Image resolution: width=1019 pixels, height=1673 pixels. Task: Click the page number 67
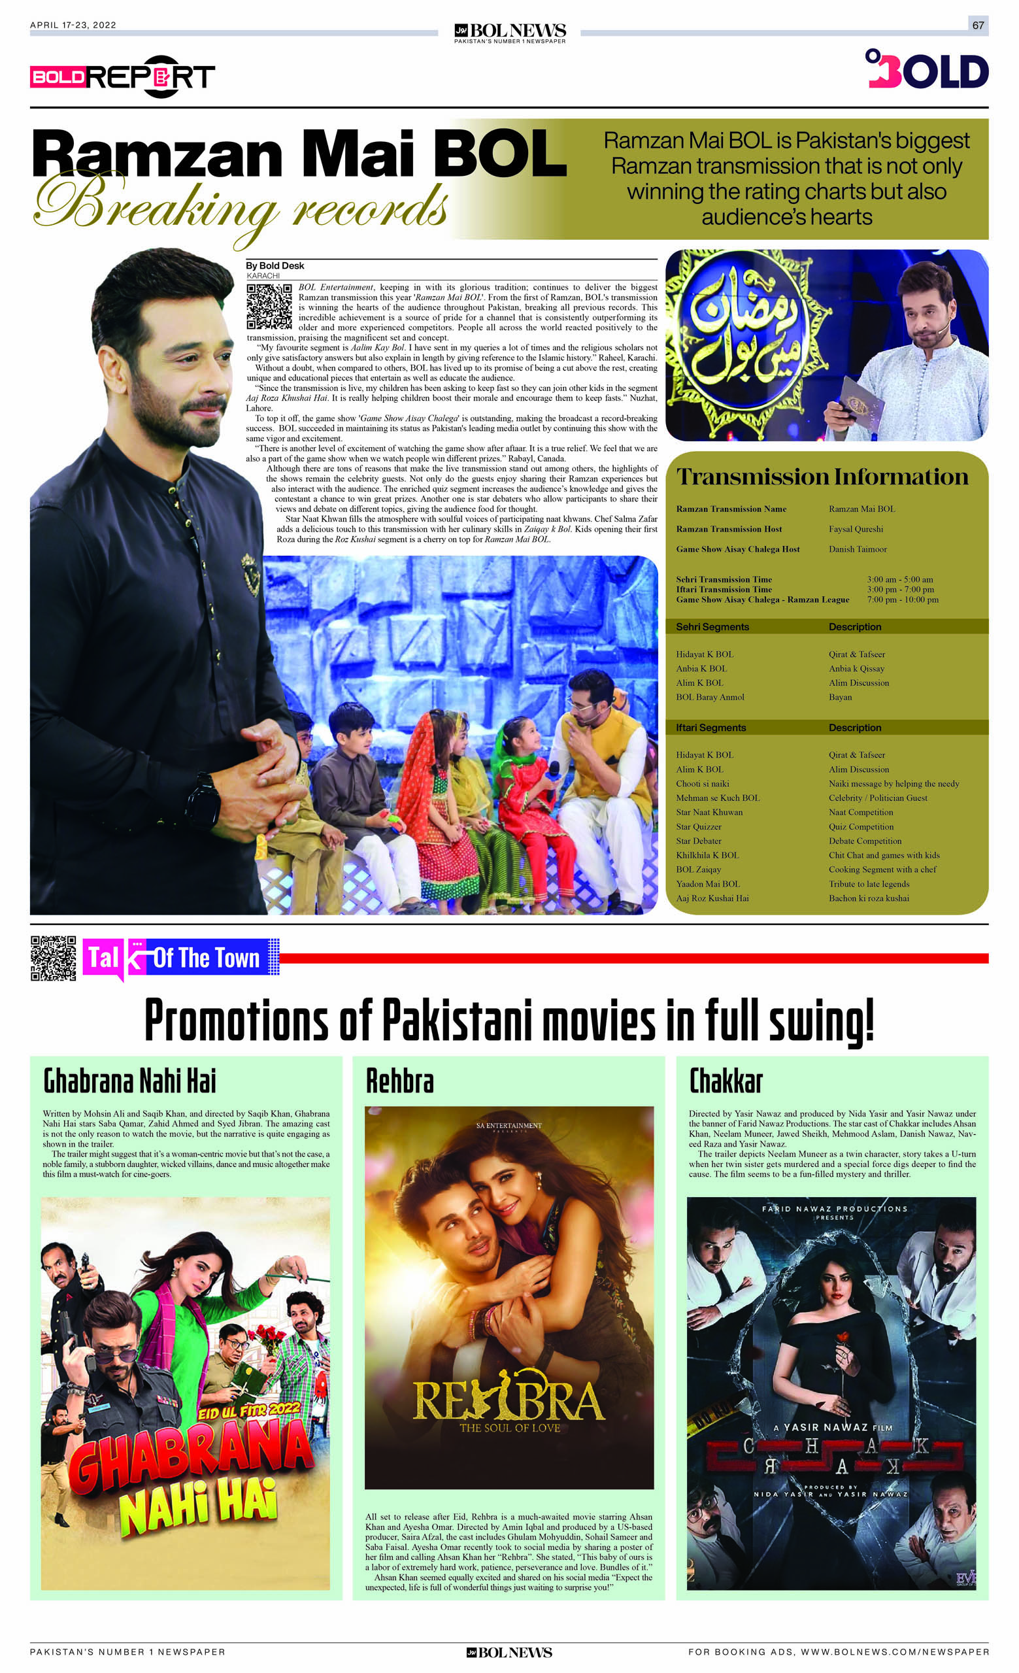tap(978, 25)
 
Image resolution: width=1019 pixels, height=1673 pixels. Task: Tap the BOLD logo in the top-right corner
tap(927, 69)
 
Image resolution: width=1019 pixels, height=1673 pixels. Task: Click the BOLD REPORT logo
tap(122, 76)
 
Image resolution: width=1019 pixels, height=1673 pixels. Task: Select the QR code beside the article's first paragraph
tap(269, 307)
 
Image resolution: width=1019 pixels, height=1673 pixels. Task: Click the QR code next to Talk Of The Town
tap(53, 958)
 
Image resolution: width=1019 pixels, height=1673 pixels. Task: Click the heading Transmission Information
tap(822, 477)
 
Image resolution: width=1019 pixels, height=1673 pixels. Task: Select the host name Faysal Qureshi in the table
tap(856, 529)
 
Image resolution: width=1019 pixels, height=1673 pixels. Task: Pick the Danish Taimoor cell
tap(858, 549)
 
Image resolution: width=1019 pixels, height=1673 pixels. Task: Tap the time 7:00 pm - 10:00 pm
tap(902, 600)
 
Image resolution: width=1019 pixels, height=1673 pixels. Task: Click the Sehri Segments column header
tap(712, 627)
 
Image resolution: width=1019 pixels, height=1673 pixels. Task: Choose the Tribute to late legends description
tap(868, 884)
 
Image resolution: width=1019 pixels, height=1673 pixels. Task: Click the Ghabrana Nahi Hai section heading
tap(129, 1081)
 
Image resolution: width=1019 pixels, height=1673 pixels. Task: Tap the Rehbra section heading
tap(399, 1081)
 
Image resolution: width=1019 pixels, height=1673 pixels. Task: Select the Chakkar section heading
tap(725, 1081)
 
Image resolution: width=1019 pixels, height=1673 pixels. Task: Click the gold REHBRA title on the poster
tap(509, 1402)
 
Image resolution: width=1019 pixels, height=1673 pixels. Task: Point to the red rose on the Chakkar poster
tap(844, 1338)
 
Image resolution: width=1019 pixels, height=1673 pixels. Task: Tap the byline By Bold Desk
tap(275, 265)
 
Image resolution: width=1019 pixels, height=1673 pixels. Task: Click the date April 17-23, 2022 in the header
tap(73, 25)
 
